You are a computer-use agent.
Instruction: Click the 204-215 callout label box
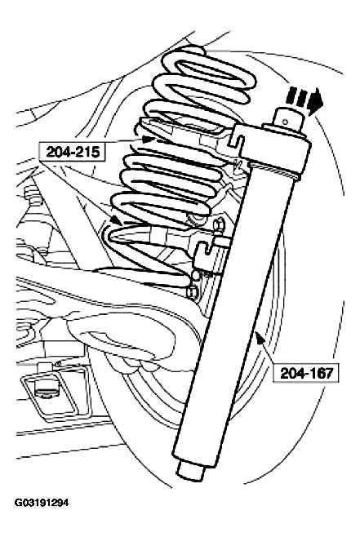73,151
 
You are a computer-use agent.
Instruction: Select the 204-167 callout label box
306,373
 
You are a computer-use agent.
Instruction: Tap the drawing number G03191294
42,503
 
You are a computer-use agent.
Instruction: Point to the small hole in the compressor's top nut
285,121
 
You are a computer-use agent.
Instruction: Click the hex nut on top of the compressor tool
289,120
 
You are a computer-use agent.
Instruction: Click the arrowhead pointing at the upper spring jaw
149,139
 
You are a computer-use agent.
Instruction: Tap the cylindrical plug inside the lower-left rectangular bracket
47,389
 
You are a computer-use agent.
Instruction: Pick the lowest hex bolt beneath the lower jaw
191,291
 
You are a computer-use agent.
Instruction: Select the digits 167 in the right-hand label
322,373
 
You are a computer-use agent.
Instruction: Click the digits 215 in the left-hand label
88,151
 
